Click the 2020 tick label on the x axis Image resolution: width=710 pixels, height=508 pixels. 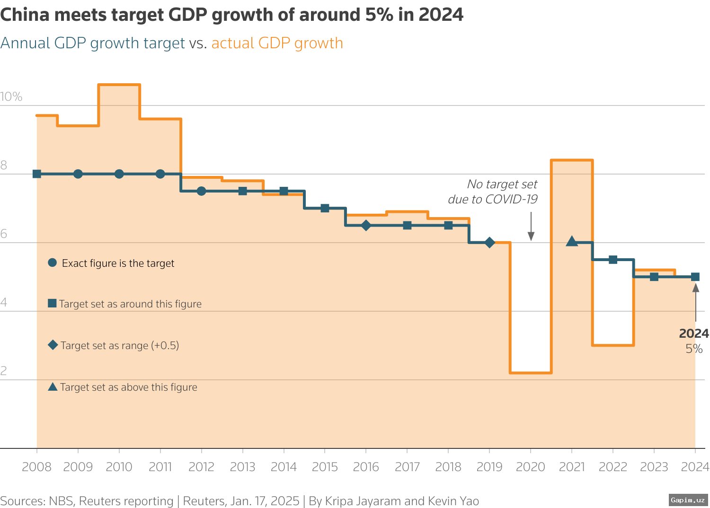tap(530, 467)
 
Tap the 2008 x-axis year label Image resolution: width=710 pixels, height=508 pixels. tap(36, 467)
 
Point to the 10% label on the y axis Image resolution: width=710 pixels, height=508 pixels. tap(11, 96)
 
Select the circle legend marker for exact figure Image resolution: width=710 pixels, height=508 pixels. tap(53, 263)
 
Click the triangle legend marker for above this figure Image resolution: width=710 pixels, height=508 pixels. tap(53, 386)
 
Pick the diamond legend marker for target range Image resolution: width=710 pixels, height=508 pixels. tap(53, 345)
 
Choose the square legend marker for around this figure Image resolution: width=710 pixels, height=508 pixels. tap(53, 303)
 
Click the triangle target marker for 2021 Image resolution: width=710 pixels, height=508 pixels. tap(572, 242)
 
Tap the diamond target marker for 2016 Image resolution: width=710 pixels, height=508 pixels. tap(366, 226)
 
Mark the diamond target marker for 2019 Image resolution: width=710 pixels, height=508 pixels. tap(490, 243)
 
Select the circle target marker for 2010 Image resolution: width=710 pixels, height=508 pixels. tap(119, 174)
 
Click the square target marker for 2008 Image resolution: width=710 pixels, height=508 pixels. tap(37, 174)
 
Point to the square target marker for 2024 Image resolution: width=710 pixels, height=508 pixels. tap(695, 277)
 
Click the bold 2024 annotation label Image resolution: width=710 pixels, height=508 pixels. tap(693, 333)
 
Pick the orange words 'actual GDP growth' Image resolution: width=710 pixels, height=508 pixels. tap(277, 43)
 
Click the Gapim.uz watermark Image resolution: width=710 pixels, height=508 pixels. tap(688, 499)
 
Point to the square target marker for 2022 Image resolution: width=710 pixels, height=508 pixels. tap(613, 260)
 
